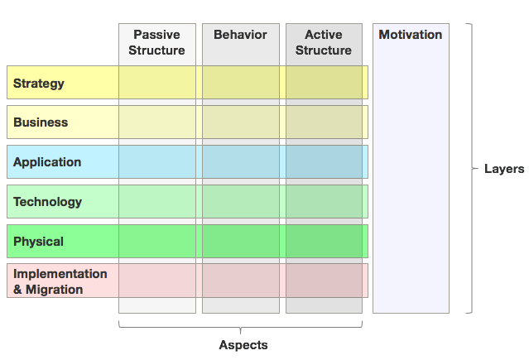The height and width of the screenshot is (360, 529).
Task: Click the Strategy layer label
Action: [x=38, y=84]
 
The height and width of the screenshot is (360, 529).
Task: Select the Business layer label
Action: [x=41, y=122]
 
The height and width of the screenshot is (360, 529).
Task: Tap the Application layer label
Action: [x=47, y=162]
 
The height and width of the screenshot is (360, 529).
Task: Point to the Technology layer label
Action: [x=47, y=202]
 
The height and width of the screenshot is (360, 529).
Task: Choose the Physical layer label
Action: [x=38, y=242]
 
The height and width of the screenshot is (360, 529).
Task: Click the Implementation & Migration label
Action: [x=60, y=281]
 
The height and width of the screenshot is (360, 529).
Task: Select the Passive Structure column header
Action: [x=156, y=42]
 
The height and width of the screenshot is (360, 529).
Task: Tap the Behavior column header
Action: [x=240, y=35]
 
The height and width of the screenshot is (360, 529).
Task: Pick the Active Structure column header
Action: [x=324, y=42]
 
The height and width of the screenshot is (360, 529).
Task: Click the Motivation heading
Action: [x=411, y=35]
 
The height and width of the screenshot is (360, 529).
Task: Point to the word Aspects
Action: [x=243, y=345]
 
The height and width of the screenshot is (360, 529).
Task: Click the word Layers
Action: [x=504, y=169]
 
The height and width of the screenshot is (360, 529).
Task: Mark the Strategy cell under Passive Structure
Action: [x=157, y=82]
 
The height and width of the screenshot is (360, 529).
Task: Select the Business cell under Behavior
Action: [x=241, y=122]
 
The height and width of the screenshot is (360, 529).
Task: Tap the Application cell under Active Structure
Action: [x=325, y=161]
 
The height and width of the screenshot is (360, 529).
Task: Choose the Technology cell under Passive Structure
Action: [x=157, y=201]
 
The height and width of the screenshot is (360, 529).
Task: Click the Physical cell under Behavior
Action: [x=241, y=241]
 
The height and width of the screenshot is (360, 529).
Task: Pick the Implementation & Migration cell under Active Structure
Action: [x=325, y=281]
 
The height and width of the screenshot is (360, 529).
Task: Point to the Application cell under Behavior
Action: [x=241, y=161]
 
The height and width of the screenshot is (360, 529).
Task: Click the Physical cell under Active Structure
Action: [x=325, y=241]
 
